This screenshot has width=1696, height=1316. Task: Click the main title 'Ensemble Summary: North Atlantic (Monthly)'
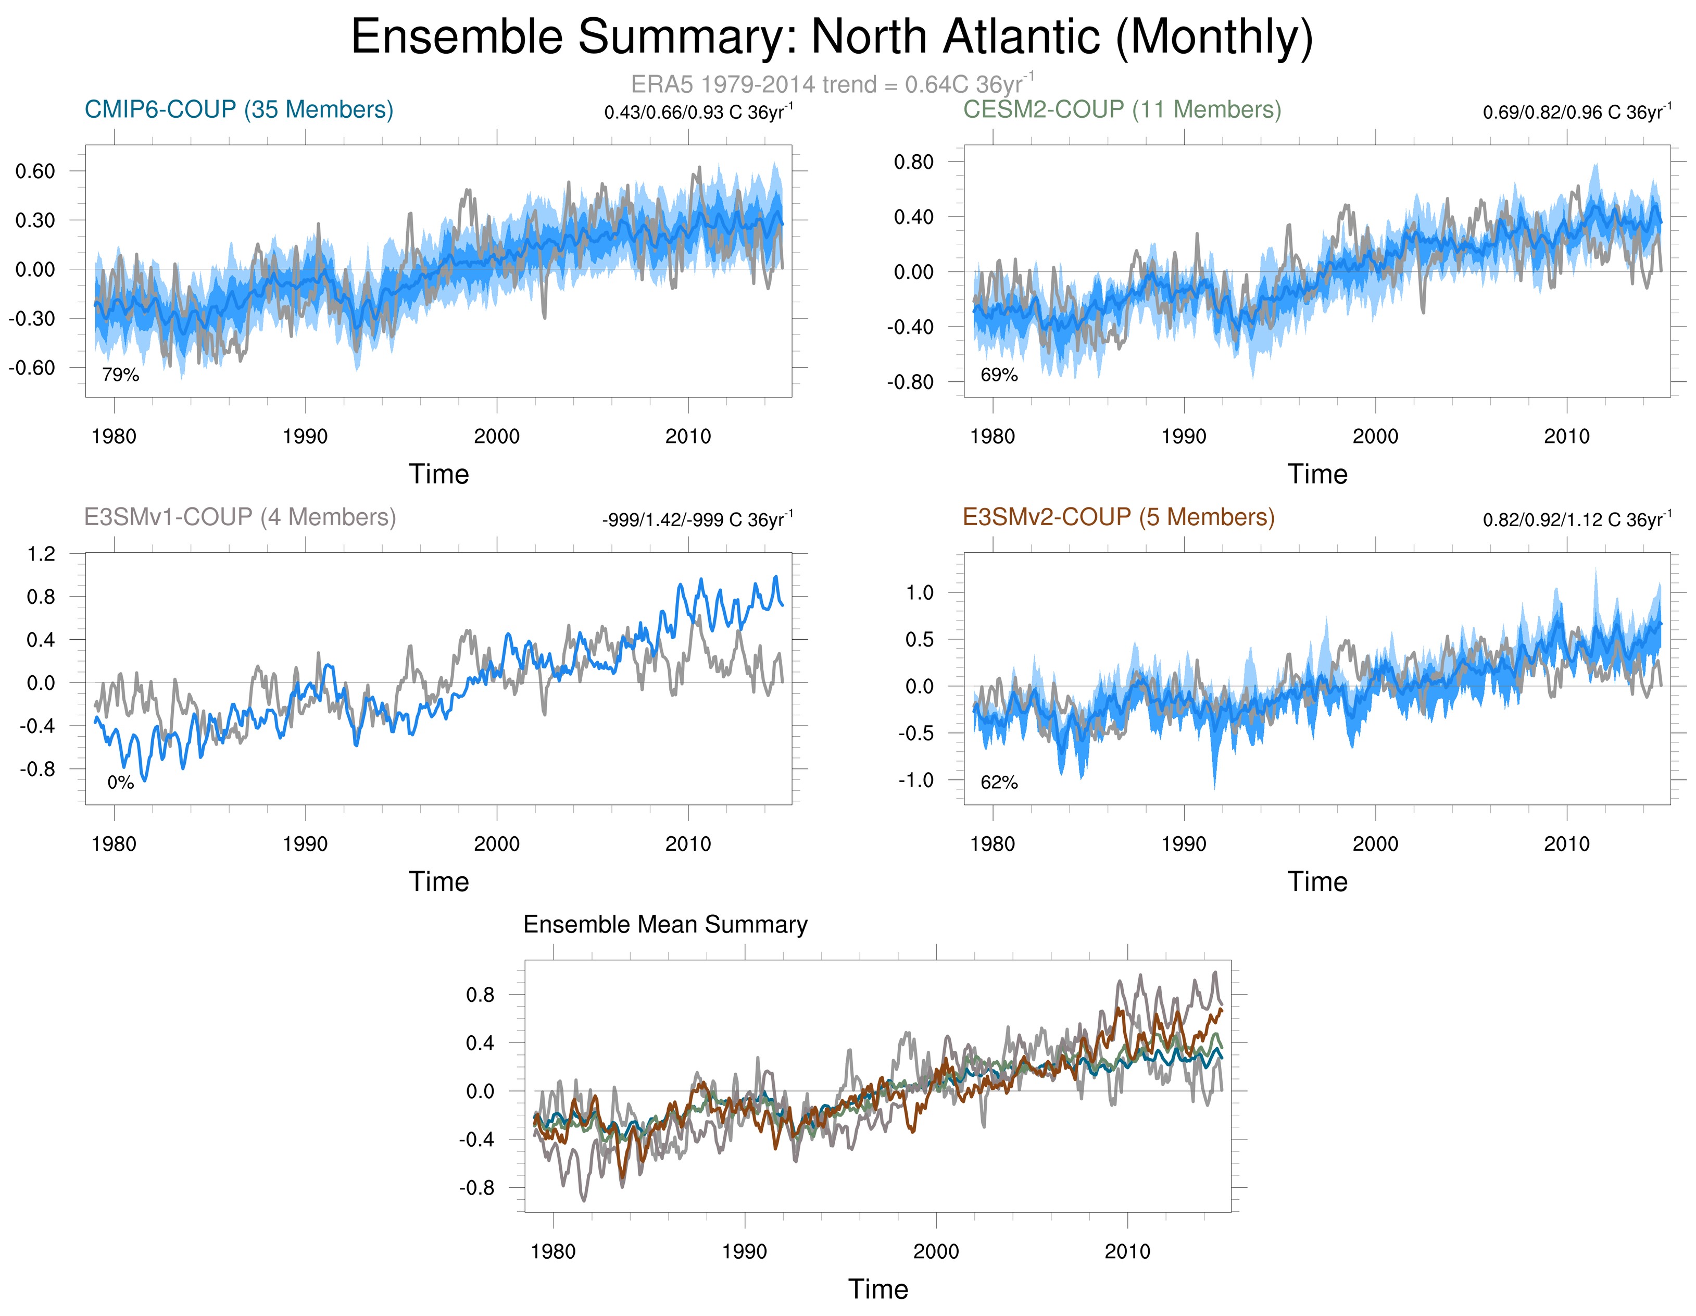point(831,38)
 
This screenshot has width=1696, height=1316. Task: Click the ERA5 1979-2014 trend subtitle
point(831,84)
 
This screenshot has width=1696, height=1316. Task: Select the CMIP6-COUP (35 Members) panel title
point(238,109)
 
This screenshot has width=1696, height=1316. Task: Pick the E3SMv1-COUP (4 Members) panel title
point(240,517)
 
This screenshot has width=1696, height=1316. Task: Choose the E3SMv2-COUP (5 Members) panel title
point(1118,517)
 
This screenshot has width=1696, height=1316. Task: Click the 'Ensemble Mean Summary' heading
point(665,924)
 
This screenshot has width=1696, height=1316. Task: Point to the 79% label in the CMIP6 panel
point(120,375)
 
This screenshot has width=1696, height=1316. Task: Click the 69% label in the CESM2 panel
point(999,375)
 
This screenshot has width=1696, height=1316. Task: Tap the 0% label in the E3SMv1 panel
point(120,783)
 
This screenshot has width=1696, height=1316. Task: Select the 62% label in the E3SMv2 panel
point(999,783)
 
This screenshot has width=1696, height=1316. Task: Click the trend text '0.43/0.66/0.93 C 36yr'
point(697,113)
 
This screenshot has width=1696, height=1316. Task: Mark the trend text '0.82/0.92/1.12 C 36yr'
point(1576,520)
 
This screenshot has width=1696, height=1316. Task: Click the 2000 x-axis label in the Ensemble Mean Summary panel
point(936,1251)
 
